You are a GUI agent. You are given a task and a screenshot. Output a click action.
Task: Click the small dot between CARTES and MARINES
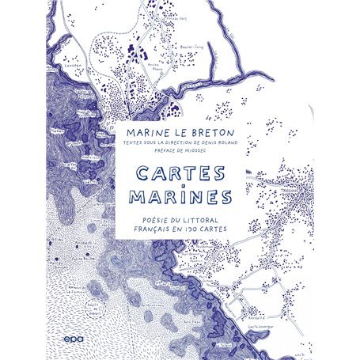click(x=180, y=185)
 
